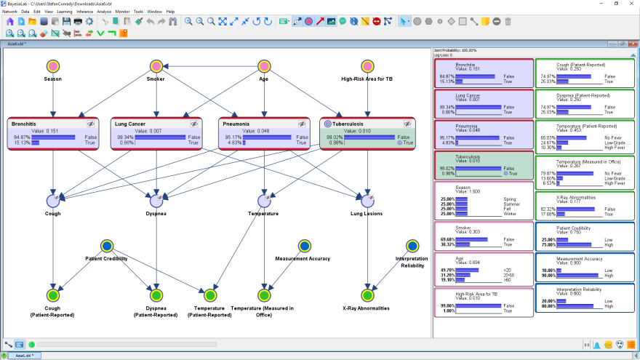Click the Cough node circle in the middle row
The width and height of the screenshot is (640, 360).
(53, 200)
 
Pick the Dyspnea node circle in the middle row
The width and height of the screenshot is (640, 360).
(156, 200)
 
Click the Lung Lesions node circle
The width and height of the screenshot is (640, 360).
(367, 200)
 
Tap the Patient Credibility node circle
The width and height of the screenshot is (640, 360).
(106, 247)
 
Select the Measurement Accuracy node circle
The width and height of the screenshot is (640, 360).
(303, 247)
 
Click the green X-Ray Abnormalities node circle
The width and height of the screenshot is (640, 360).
(367, 295)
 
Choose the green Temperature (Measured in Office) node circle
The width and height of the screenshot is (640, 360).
(263, 295)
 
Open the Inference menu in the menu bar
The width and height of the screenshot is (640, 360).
(84, 12)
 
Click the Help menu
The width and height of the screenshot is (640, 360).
(170, 12)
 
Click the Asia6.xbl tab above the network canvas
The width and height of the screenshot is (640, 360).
(17, 44)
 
